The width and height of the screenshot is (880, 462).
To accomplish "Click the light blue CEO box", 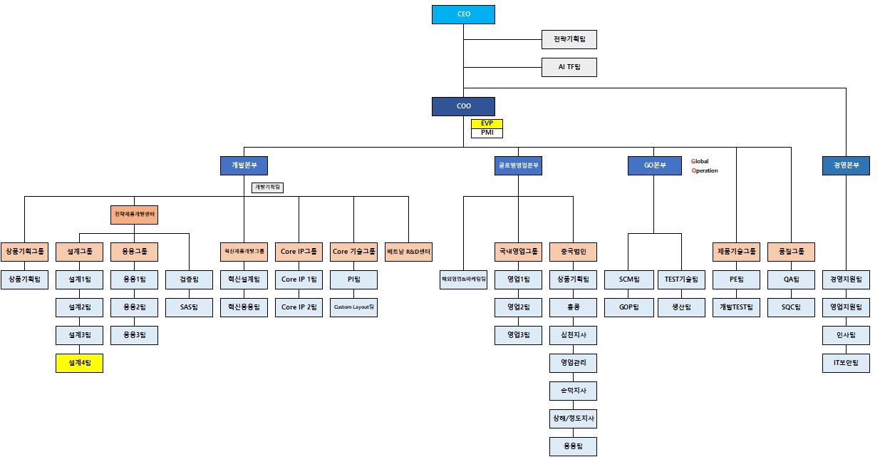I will coord(463,14).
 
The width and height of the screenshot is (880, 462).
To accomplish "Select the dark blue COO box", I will coord(463,106).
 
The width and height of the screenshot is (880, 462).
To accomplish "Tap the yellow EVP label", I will coord(487,123).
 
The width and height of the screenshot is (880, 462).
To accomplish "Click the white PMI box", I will coord(487,133).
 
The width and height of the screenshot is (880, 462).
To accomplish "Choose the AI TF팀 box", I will coord(568,67).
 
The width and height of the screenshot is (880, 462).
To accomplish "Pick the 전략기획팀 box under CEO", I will coord(568,39).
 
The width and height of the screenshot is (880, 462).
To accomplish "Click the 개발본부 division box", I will coord(244,166).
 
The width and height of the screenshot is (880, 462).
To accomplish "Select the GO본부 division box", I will coord(654,166).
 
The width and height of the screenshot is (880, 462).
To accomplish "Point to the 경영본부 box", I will coord(846,166).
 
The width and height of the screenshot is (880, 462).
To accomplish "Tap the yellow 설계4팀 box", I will coord(79,363).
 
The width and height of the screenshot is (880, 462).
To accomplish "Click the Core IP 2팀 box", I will coord(299,307).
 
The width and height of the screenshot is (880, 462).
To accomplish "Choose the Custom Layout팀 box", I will coord(353,307).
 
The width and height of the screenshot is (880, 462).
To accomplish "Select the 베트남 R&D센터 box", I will coord(408,252).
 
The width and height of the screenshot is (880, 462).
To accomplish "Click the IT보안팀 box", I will coord(846,363).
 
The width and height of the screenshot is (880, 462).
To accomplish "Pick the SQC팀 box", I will coord(791,307).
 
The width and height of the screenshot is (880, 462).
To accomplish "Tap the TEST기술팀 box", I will coord(681,279).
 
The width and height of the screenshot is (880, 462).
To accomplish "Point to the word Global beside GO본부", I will coord(700,161).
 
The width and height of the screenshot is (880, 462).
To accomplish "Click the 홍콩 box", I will coord(573,307).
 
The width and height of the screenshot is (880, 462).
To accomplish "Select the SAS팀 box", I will coord(189,307).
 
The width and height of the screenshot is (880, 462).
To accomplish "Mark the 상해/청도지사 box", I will coord(573,419).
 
